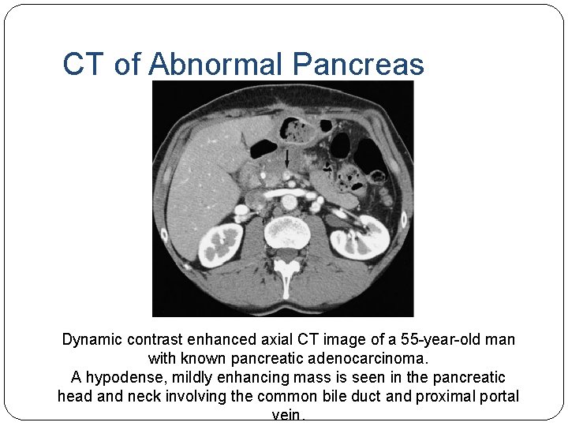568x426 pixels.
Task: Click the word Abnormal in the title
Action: point(215,64)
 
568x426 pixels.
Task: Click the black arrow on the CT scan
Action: point(286,160)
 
